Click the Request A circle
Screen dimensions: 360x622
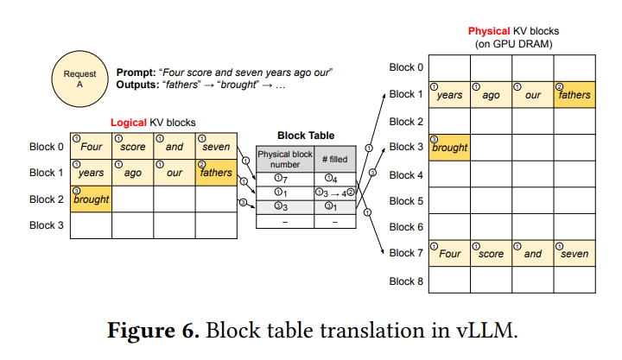click(79, 80)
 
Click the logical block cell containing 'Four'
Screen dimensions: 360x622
click(91, 146)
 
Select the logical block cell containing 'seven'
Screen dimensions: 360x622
click(215, 146)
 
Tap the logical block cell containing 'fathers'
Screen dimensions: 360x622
click(215, 172)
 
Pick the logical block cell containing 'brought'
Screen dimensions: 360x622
click(91, 199)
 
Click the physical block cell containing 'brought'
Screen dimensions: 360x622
click(449, 147)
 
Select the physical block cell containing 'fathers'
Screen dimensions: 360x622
click(574, 94)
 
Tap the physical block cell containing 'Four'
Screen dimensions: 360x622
click(449, 254)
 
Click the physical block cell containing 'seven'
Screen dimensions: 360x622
click(574, 254)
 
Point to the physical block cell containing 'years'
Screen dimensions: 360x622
click(449, 94)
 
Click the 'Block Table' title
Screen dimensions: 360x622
click(306, 136)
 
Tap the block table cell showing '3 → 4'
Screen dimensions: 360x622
click(333, 193)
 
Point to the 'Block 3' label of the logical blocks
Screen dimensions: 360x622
click(47, 225)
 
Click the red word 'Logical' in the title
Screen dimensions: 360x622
click(129, 123)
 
